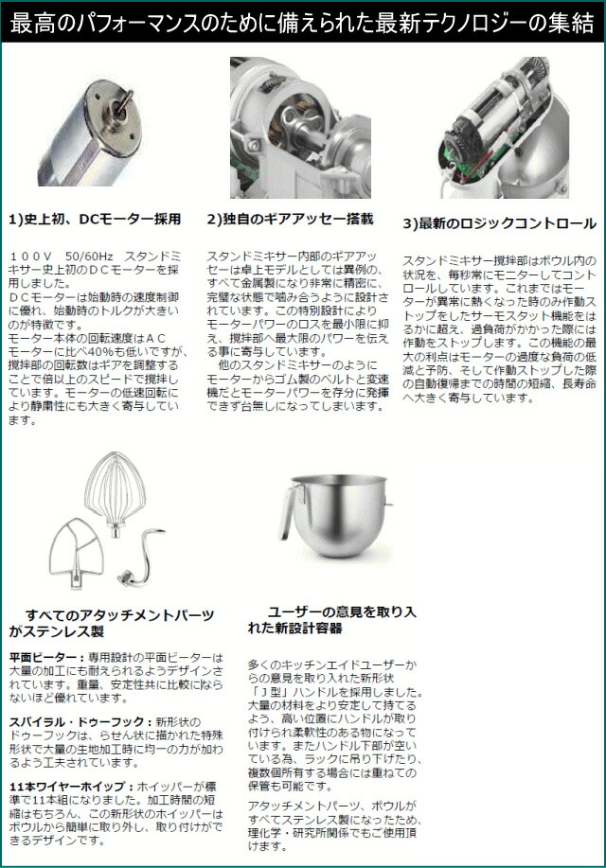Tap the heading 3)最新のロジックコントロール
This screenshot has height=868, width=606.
[x=499, y=223]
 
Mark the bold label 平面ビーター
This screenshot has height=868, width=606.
[x=45, y=657]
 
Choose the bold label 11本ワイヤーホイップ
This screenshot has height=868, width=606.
[x=67, y=788]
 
